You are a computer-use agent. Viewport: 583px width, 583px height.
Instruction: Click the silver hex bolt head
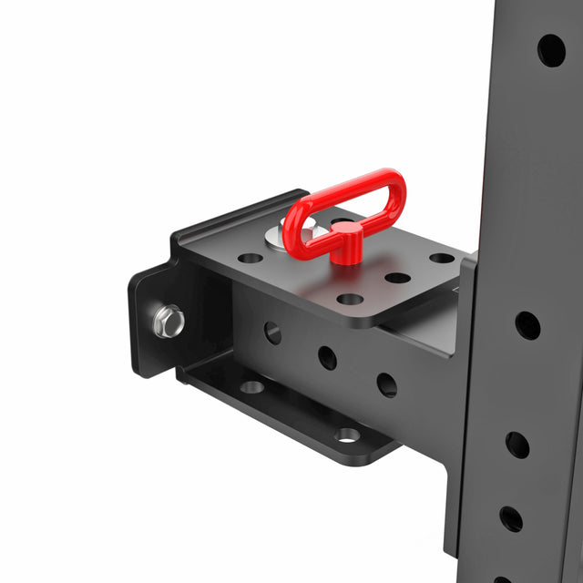point(169,321)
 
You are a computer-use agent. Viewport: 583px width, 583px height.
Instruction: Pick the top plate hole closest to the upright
point(443,258)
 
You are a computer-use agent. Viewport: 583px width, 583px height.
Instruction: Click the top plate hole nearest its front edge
point(350,299)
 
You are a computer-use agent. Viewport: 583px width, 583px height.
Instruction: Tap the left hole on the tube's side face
point(272,332)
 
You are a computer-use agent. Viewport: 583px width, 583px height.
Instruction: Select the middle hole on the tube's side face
point(327,358)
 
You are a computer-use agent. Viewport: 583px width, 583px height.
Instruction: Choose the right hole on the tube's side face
point(387,384)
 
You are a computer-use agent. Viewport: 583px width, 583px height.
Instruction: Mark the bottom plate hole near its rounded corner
point(347,435)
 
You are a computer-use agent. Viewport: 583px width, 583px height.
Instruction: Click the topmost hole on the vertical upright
point(551,50)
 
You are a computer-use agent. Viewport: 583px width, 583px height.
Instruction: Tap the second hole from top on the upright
point(527,325)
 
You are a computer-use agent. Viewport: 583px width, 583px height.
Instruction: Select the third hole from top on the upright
point(517,445)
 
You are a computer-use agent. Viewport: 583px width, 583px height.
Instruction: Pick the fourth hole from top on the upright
point(511,518)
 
